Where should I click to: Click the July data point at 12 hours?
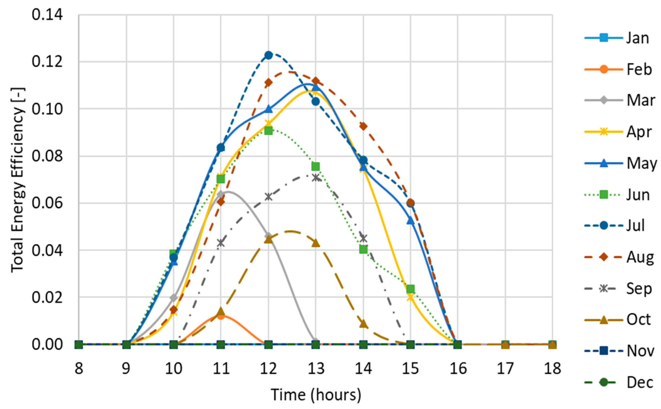[x=268, y=55]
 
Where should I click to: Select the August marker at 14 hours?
[x=363, y=126]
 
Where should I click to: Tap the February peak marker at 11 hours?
[x=221, y=316]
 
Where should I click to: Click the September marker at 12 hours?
[x=268, y=197]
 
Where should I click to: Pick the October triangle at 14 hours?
[x=363, y=324]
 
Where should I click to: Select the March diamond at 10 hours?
[x=173, y=298]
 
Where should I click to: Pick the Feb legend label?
[x=639, y=69]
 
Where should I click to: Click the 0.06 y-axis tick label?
[x=47, y=203]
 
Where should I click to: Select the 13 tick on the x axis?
[x=316, y=368]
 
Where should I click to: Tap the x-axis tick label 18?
[x=552, y=368]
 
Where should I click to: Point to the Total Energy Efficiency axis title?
[x=18, y=180]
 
